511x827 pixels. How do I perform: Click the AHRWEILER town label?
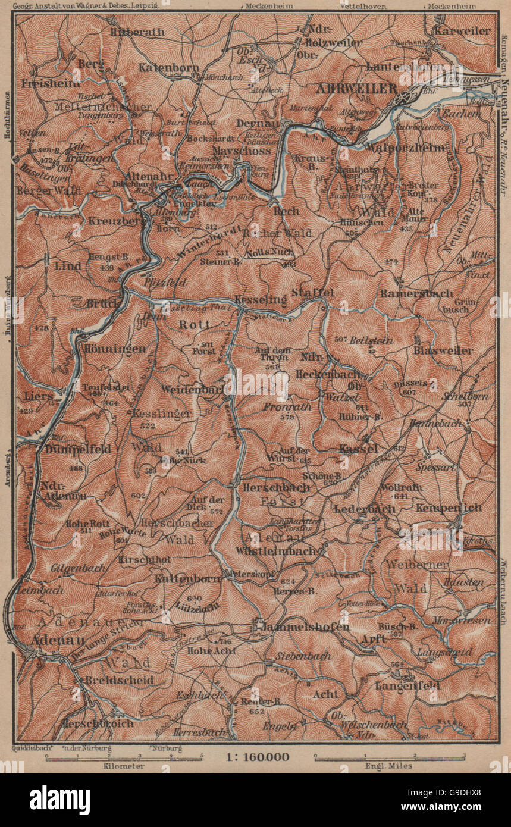(357, 88)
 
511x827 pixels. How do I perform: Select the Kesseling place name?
(261, 299)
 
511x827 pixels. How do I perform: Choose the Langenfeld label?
(407, 685)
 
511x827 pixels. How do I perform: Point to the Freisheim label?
(42, 84)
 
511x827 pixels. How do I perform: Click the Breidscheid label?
(119, 679)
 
